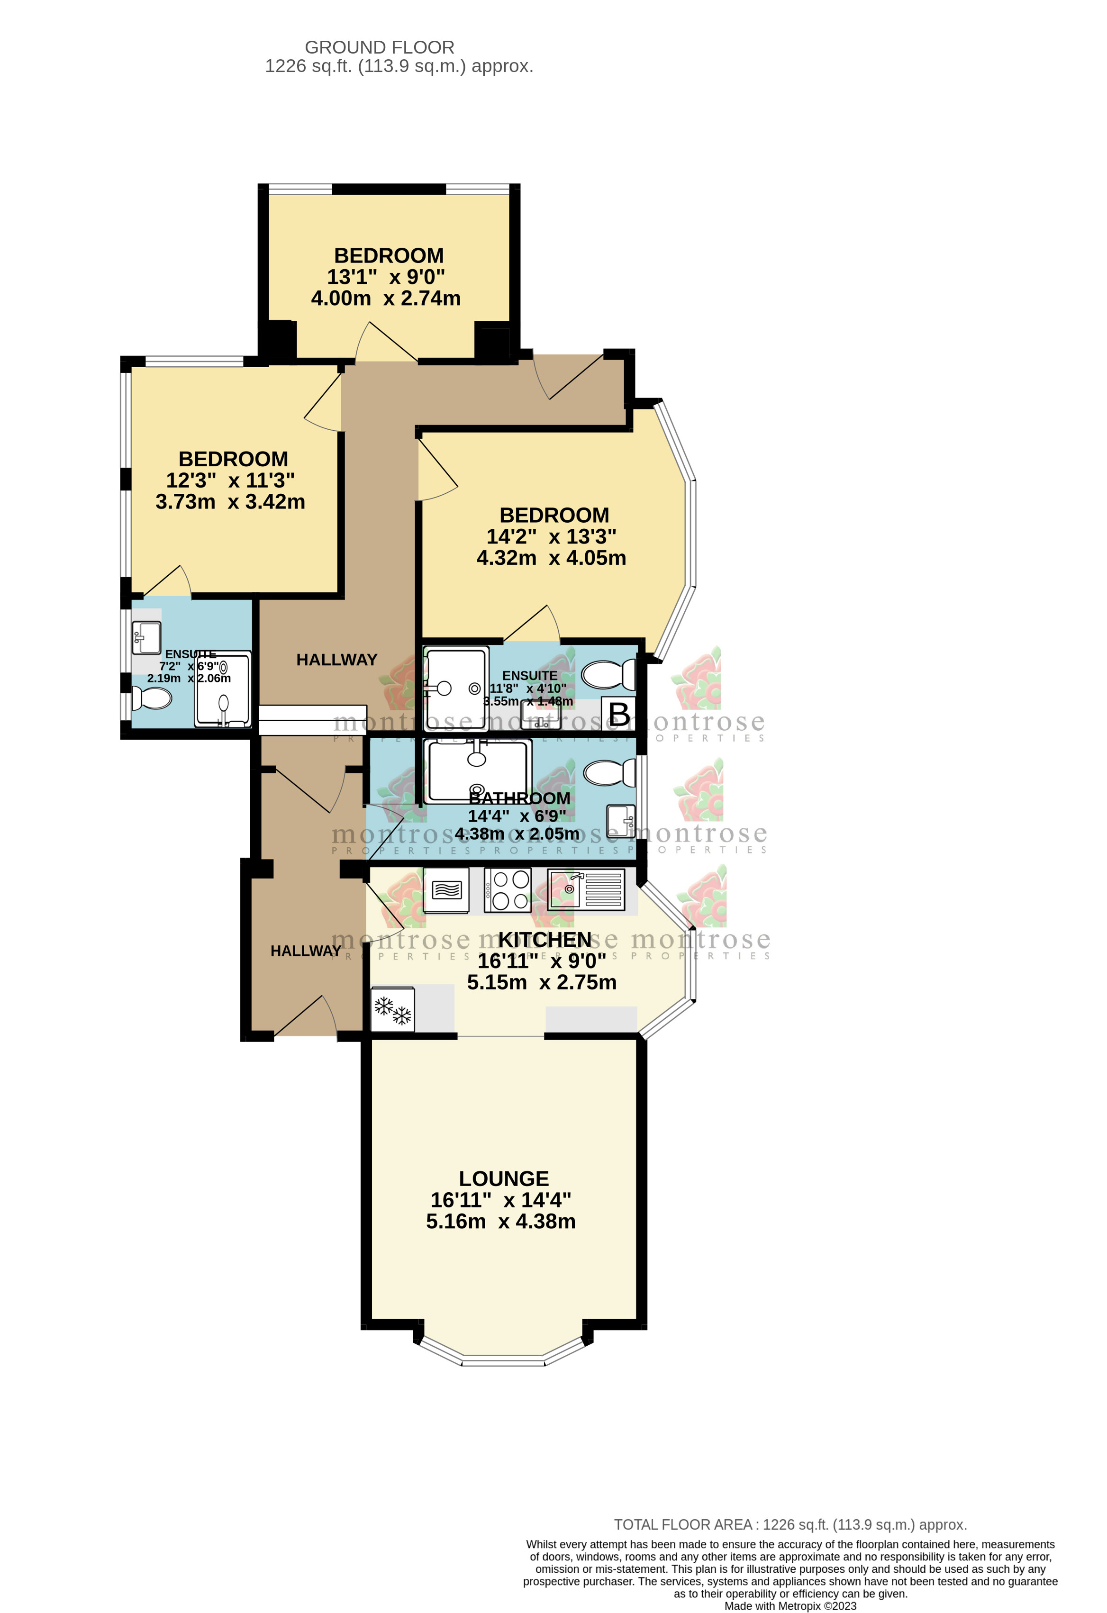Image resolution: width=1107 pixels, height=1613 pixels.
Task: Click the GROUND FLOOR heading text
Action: [x=380, y=48]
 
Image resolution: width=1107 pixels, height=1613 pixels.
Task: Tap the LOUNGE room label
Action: [x=504, y=1178]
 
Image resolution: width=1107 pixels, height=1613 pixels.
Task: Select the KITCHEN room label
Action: [x=545, y=940]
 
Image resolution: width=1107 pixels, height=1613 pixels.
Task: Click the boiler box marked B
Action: [x=618, y=714]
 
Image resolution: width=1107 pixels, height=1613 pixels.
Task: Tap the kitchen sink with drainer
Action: [x=586, y=890]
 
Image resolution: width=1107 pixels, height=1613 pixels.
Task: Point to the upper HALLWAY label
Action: [x=336, y=660]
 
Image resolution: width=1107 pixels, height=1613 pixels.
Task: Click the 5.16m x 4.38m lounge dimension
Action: [x=500, y=1222]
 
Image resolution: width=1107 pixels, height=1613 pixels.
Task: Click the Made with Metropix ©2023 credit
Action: [x=790, y=1606]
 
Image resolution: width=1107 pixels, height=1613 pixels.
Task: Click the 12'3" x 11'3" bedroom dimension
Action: [x=230, y=480]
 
